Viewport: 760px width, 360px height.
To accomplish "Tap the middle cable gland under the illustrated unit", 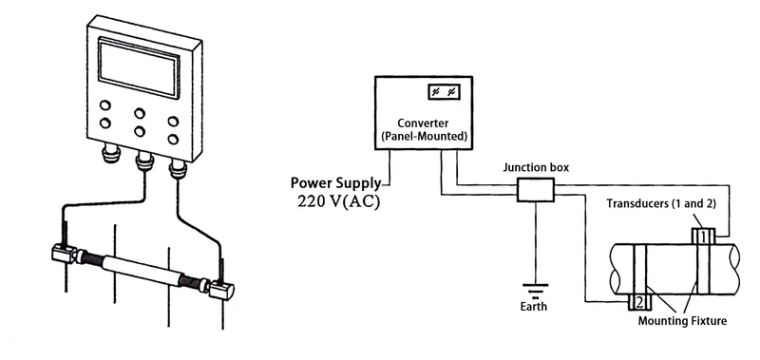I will (x=144, y=161).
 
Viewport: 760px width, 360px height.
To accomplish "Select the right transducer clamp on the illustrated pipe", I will (x=223, y=289).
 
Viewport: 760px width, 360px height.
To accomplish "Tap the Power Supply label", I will (x=335, y=182).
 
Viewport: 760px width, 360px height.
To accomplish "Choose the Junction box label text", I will (x=536, y=167).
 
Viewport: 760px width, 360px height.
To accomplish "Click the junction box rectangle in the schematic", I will (x=535, y=191).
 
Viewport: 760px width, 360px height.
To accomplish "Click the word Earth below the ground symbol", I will (x=534, y=307).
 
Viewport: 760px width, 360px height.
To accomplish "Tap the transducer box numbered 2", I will (x=639, y=302).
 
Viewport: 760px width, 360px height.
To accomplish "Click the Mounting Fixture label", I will (x=682, y=321).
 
